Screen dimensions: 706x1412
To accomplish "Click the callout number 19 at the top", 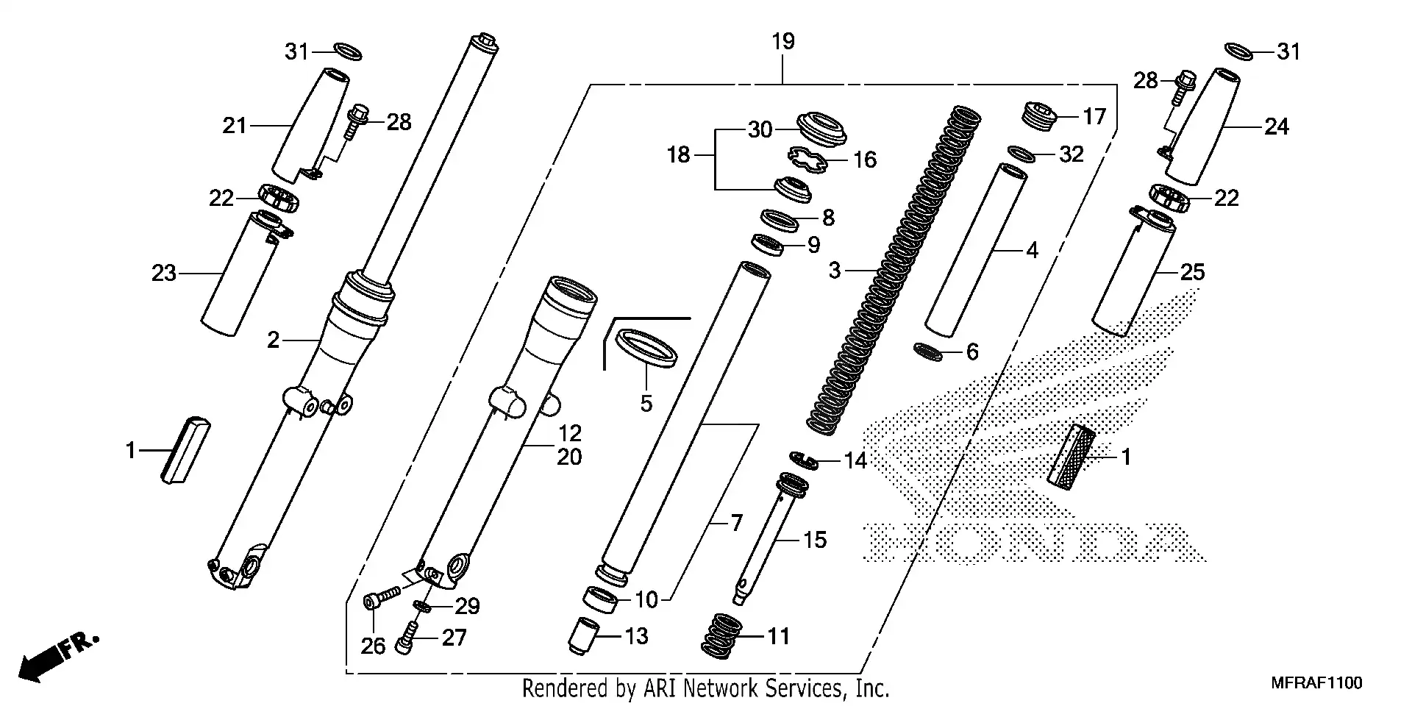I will pos(783,42).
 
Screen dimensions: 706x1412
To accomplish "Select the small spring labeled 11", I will pos(719,636).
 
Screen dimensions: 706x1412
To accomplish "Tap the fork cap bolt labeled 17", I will pos(1039,115).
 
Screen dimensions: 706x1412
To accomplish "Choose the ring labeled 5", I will pos(646,348).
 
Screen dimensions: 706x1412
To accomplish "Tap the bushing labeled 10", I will pos(602,598).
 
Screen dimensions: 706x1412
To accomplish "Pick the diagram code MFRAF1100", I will pos(1316,683).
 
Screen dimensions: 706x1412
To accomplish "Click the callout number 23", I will pos(164,274).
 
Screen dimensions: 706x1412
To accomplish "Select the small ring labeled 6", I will pos(927,352).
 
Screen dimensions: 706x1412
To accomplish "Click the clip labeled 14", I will pos(805,460).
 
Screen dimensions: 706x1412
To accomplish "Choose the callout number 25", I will pos(1192,273).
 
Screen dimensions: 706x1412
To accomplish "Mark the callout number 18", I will pos(679,155).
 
